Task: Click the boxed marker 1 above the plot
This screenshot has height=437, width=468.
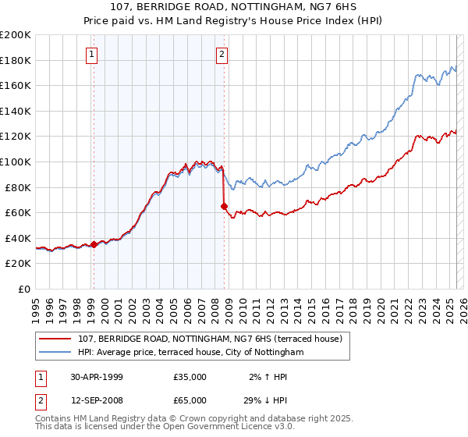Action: (x=92, y=54)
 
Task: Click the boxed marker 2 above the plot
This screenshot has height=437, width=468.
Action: (x=222, y=54)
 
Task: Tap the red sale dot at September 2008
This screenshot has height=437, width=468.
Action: (x=225, y=207)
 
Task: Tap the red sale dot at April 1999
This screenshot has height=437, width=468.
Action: (x=94, y=244)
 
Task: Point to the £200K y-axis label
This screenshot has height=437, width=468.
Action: (x=16, y=35)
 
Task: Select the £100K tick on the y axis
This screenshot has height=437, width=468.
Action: (x=16, y=162)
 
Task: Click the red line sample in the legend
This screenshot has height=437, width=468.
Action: (x=55, y=339)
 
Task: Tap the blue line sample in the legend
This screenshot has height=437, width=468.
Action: (x=55, y=353)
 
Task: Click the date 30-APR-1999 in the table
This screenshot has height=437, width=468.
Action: (x=97, y=377)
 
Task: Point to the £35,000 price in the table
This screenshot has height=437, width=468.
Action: (x=190, y=377)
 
